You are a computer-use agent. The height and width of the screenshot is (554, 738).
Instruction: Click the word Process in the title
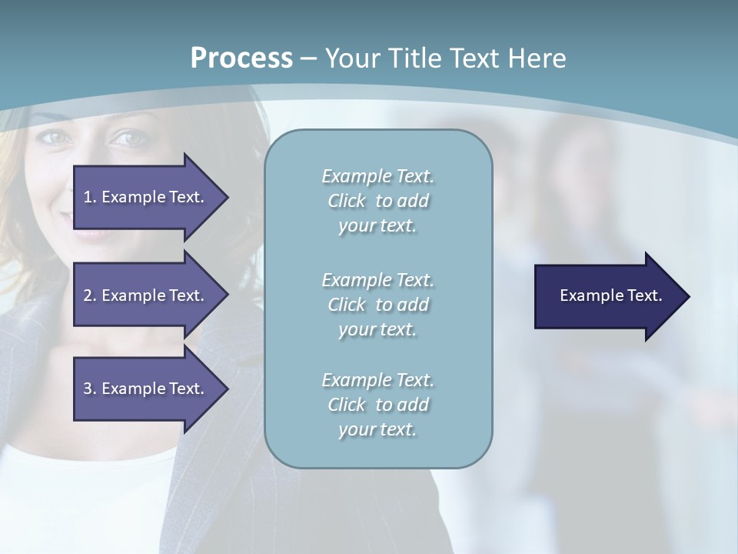click(x=241, y=58)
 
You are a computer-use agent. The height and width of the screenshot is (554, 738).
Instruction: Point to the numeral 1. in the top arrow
click(x=90, y=197)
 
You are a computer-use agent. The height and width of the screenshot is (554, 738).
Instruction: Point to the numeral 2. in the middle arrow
click(x=90, y=295)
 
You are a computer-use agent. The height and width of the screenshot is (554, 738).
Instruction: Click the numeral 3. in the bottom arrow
click(x=90, y=389)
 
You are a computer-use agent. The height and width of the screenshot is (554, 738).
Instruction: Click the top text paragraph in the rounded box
click(x=377, y=201)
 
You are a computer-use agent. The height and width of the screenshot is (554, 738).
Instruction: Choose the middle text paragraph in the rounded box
click(x=377, y=305)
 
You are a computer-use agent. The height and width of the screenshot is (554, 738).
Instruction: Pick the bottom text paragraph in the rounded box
click(x=377, y=405)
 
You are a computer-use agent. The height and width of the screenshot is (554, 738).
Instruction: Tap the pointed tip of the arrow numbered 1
click(x=226, y=197)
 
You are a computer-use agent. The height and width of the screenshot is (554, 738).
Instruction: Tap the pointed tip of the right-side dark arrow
click(x=687, y=296)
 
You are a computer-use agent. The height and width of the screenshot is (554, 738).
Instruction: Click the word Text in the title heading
click(x=472, y=58)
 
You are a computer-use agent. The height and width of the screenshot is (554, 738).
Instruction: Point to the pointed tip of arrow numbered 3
click(x=226, y=389)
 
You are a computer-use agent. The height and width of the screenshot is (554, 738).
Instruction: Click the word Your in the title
click(x=350, y=58)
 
